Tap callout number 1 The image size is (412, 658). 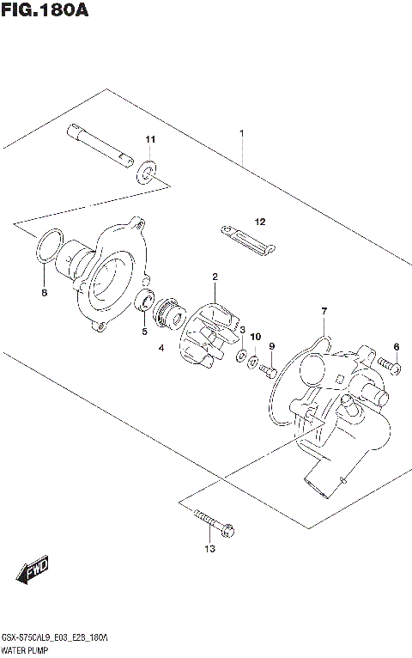coord(242,133)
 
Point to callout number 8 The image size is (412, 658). coord(45,293)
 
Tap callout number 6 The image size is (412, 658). coord(396,346)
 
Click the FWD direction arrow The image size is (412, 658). coord(34,569)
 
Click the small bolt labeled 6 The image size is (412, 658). coord(389,368)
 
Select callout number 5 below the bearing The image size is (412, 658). coord(144,331)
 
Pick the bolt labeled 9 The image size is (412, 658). coord(268,371)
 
